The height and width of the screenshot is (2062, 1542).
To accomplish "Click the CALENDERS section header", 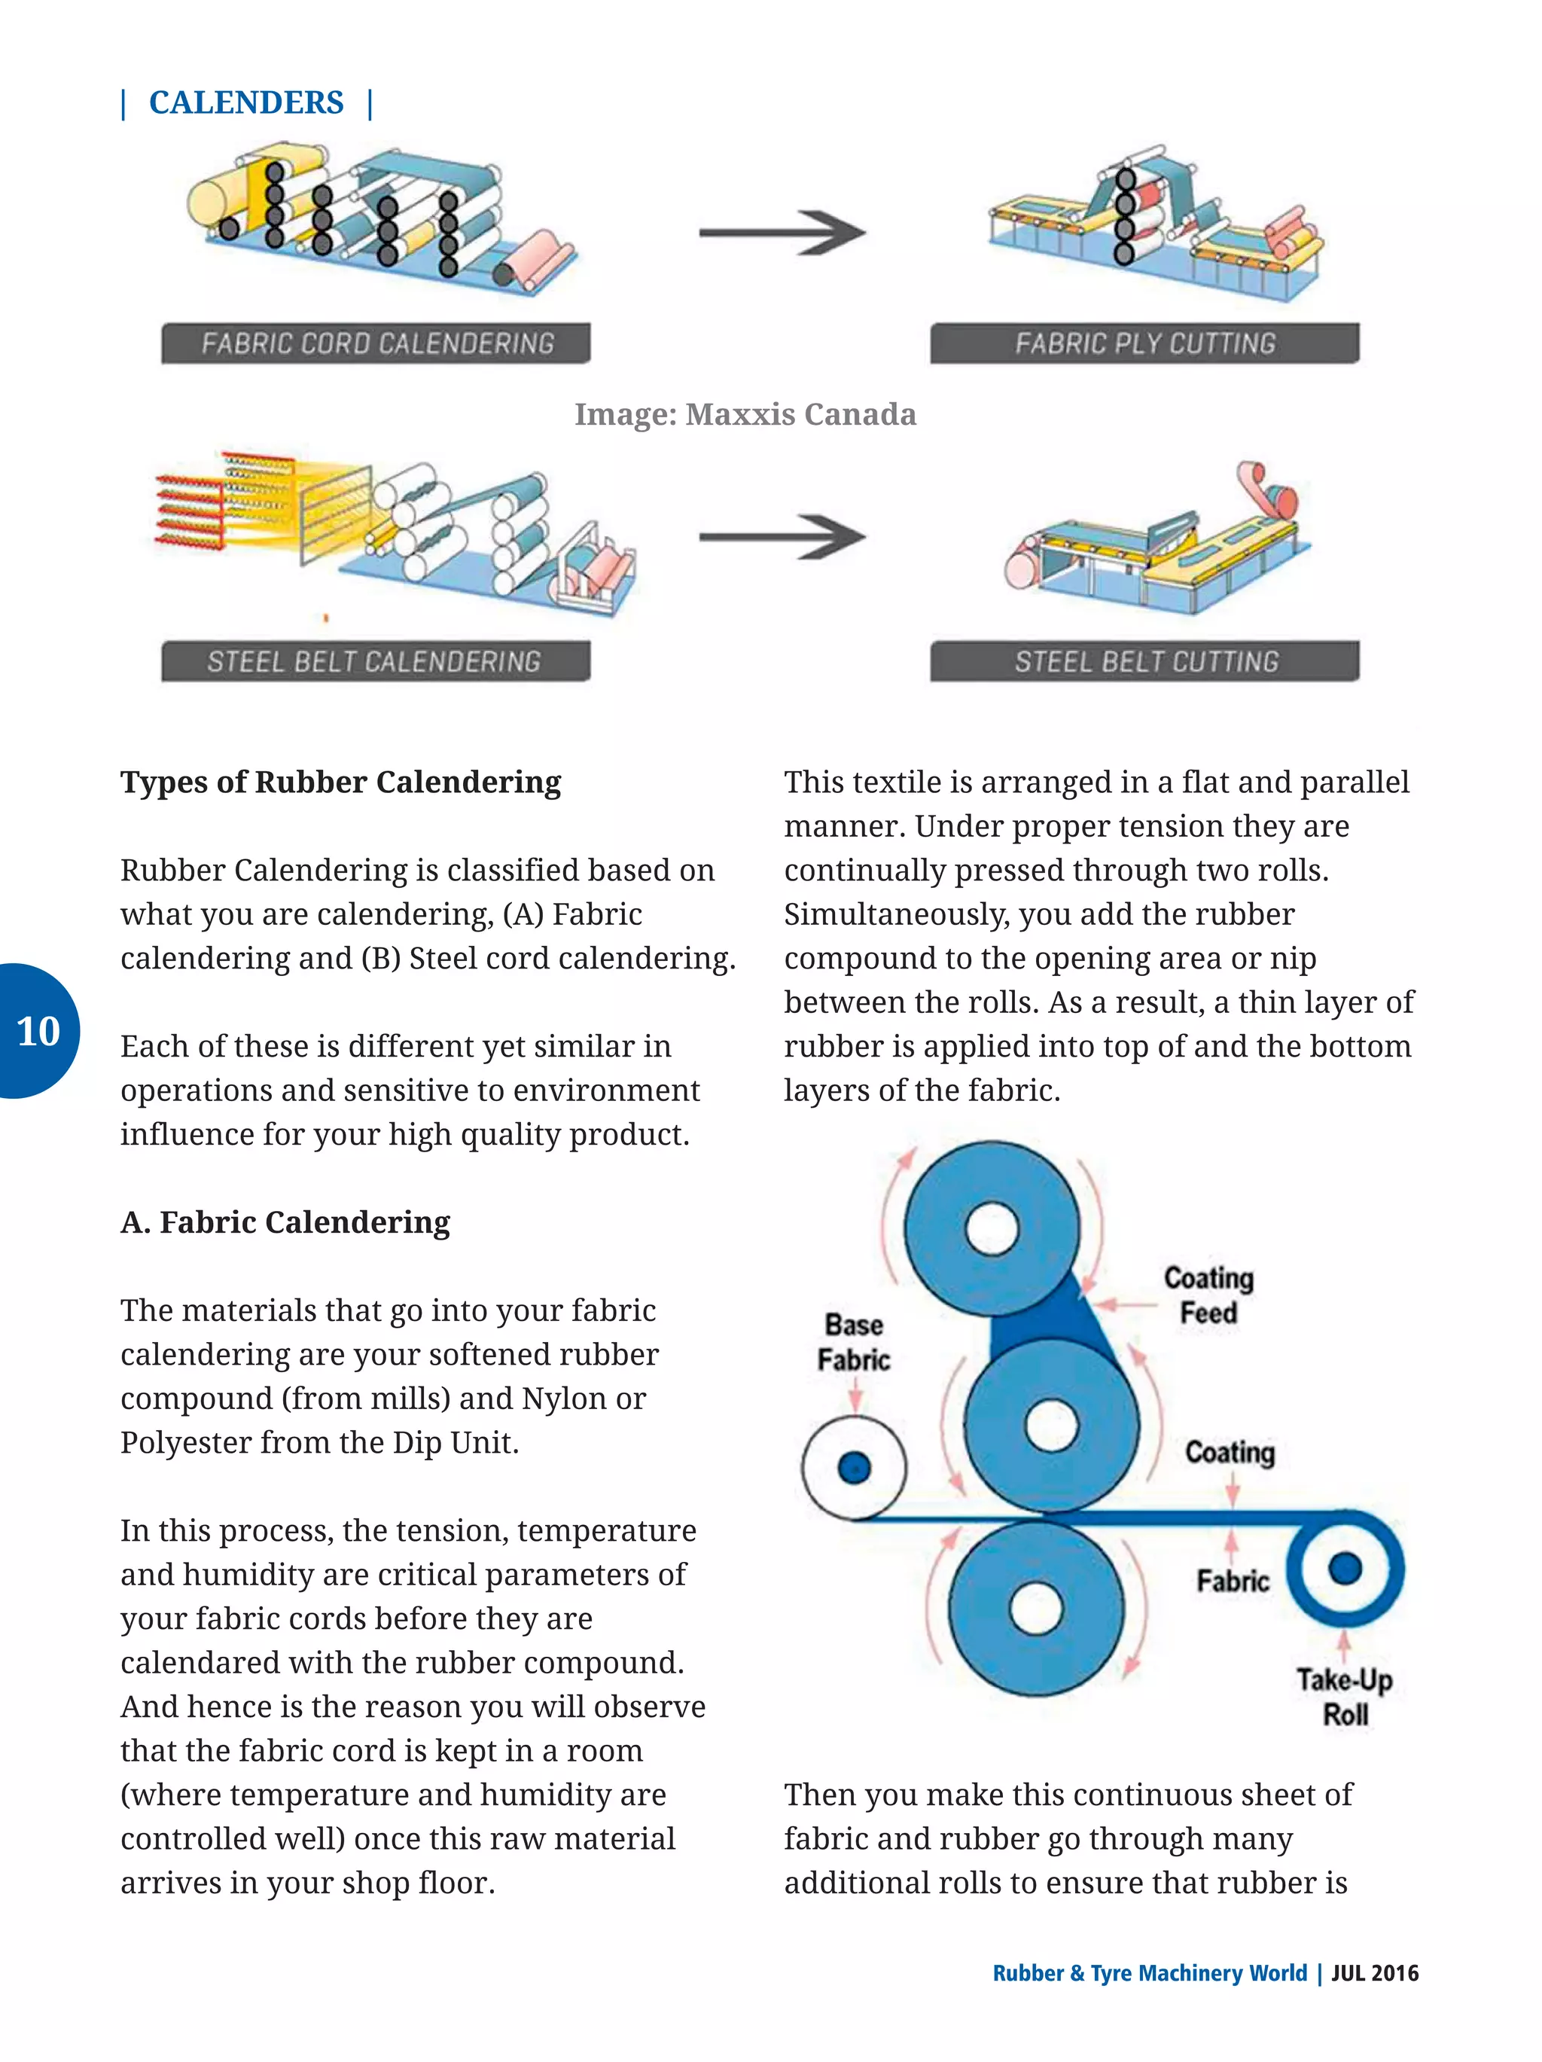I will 246,102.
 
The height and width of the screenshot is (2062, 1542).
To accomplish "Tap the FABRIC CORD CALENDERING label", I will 376,344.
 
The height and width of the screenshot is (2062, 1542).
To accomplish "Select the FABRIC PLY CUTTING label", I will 1144,344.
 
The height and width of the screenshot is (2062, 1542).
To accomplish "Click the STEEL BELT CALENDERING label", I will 374,662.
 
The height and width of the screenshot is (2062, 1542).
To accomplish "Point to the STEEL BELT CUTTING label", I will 1145,662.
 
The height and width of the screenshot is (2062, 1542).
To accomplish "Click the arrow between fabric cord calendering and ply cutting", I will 782,233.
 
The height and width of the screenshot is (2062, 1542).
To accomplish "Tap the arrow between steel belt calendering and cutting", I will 782,538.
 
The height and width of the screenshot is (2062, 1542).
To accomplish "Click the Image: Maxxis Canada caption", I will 745,414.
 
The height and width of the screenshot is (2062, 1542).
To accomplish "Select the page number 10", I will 38,1032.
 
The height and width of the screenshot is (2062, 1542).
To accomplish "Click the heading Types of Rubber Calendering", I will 341,782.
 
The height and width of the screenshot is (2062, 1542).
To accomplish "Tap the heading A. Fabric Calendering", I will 285,1222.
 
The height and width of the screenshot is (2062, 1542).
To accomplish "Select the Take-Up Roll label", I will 1345,1697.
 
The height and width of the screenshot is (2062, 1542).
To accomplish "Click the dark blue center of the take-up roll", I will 1345,1568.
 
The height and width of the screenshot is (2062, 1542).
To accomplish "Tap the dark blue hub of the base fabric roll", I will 855,1467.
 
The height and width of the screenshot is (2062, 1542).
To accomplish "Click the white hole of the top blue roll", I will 992,1228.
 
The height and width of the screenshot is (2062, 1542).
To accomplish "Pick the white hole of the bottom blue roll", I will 1036,1609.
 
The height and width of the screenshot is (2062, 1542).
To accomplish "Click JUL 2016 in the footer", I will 1374,1972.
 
